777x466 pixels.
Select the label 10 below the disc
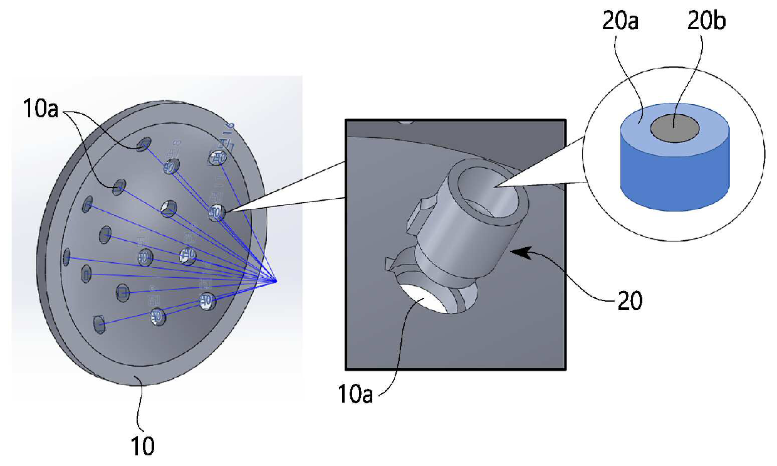tap(143, 447)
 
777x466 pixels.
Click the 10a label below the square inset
tap(355, 396)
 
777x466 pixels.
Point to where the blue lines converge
tap(276, 280)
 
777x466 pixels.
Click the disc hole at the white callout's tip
tap(217, 212)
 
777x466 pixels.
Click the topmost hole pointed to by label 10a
tap(144, 144)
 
